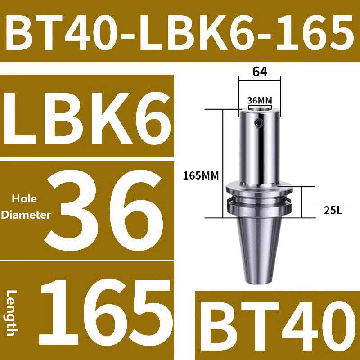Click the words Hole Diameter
pos(26,207)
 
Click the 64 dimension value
pos(260,72)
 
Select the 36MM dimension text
pos(260,100)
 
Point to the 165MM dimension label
pos(200,176)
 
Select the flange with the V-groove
pos(260,198)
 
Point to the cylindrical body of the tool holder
pos(260,148)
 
